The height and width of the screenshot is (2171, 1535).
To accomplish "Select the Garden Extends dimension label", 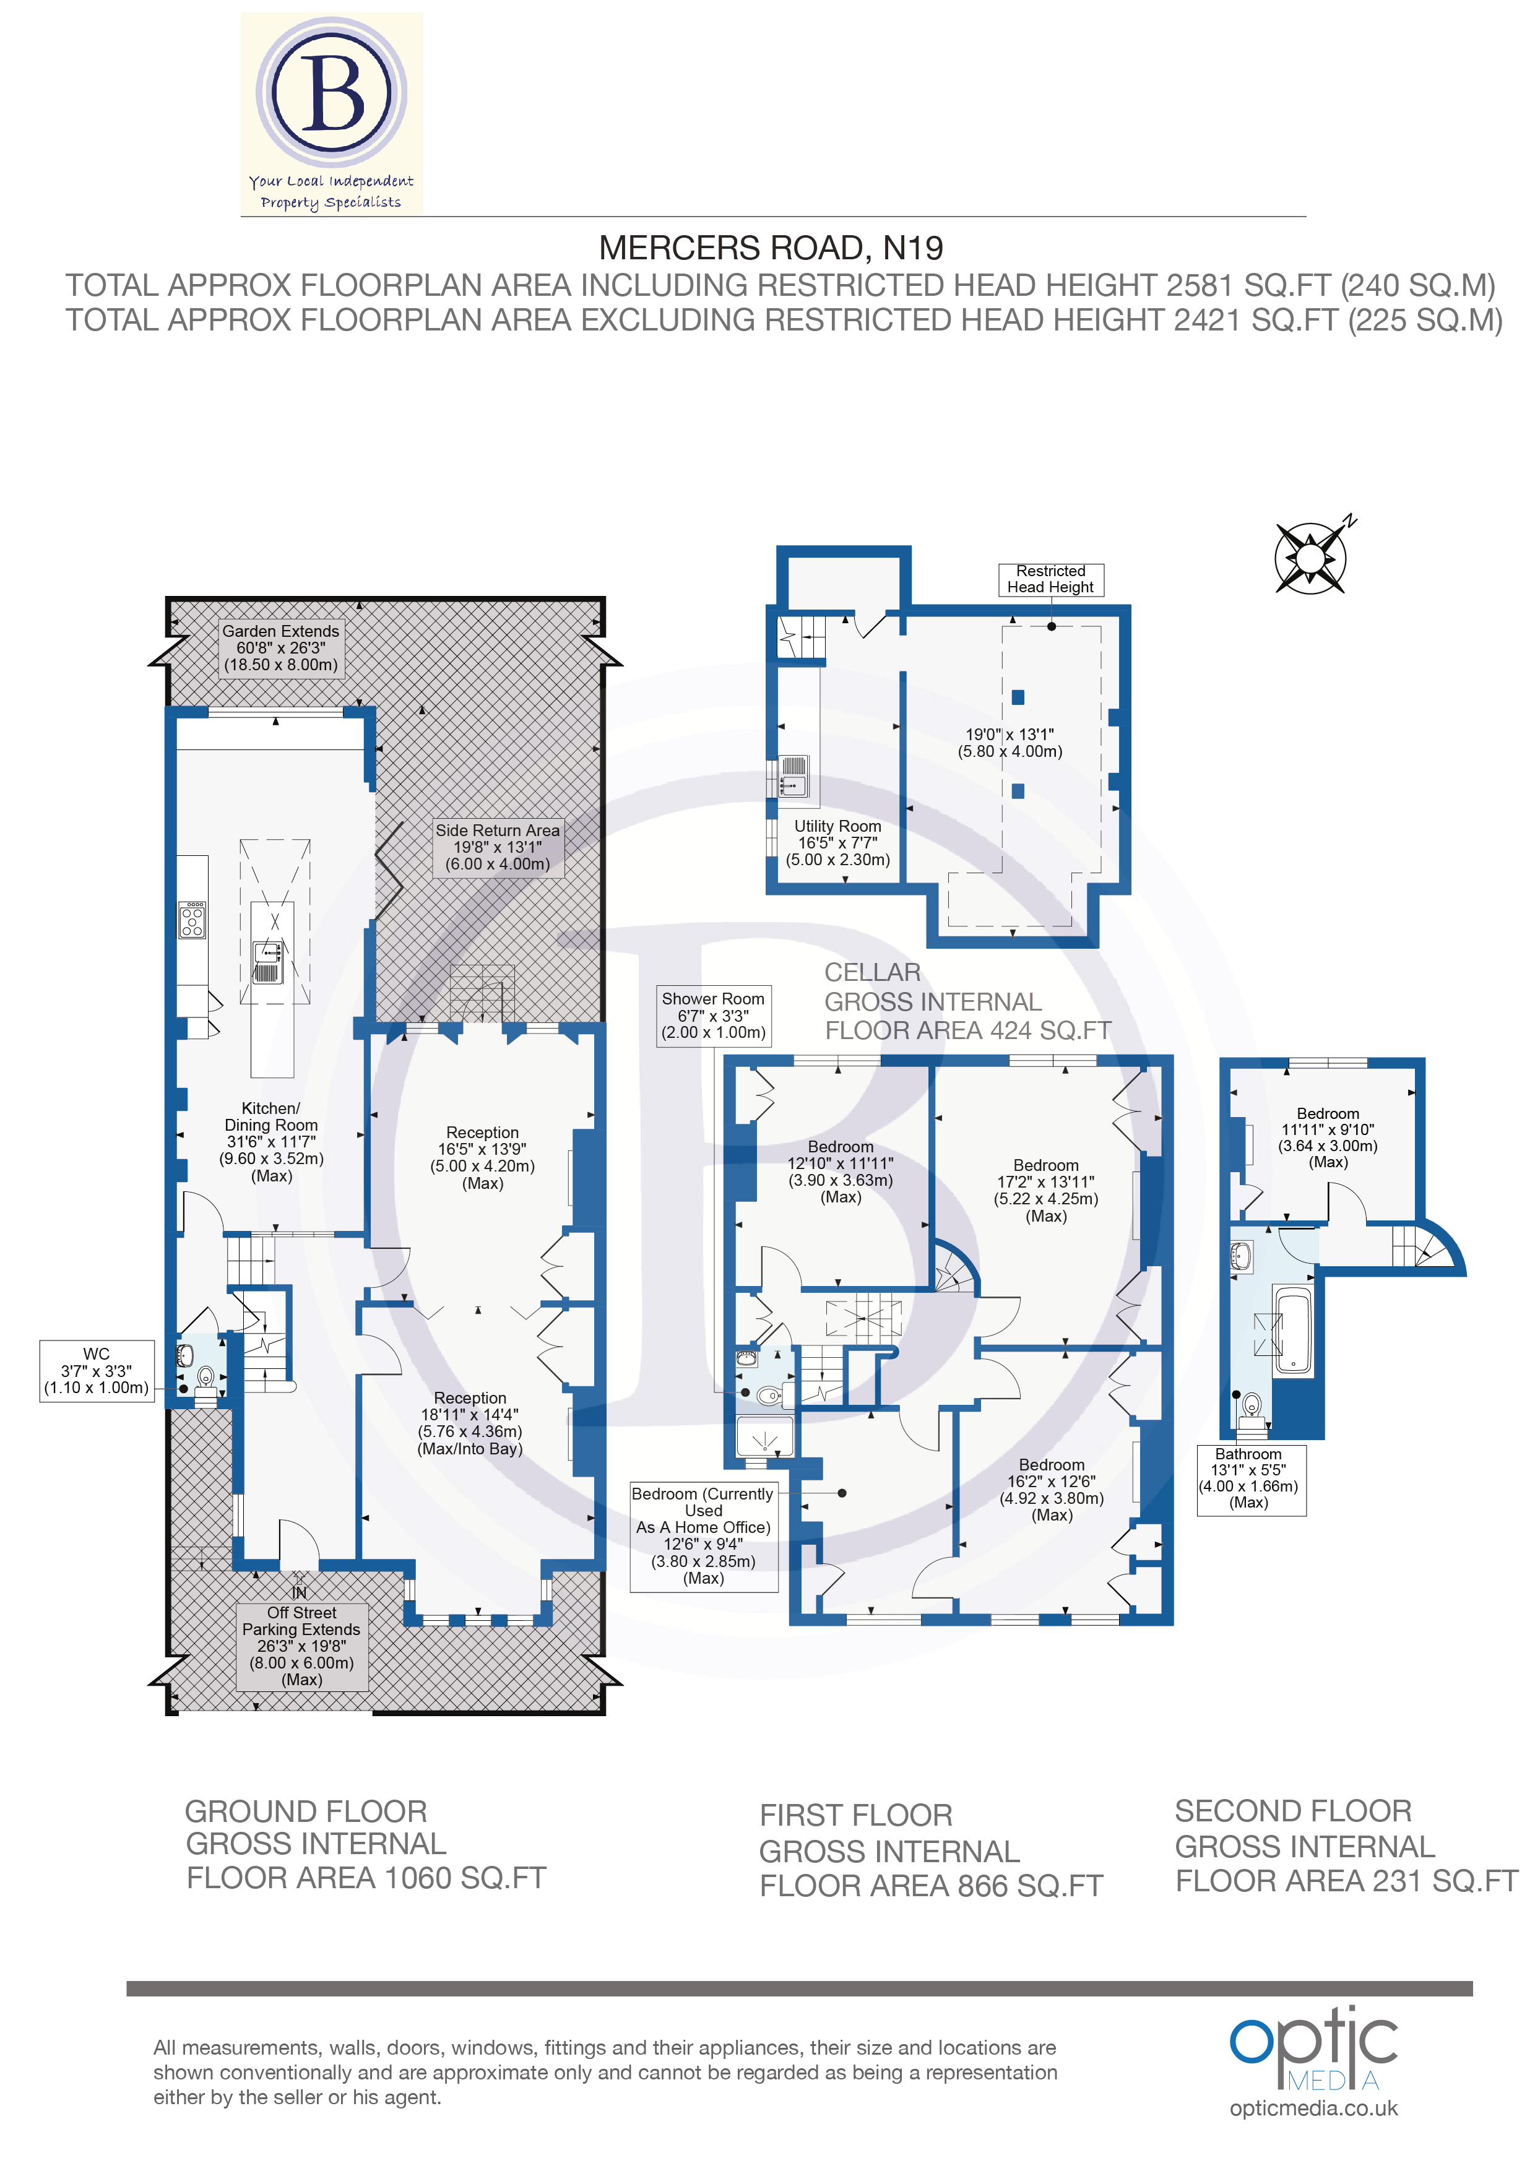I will (x=281, y=648).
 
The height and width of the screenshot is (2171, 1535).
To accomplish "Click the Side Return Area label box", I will (x=498, y=847).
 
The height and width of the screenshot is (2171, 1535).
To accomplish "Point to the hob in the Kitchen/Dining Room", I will (x=192, y=919).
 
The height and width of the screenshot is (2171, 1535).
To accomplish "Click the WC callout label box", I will (x=97, y=1371).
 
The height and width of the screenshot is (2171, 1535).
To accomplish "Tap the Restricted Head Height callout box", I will (x=1051, y=579).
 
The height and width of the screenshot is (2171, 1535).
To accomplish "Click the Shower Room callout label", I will (x=713, y=1016).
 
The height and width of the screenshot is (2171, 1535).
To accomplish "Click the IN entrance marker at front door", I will (x=299, y=1592).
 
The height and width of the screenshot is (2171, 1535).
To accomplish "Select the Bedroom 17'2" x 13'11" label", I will (x=1046, y=1191).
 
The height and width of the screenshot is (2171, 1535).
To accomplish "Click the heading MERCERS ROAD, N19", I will (x=771, y=248).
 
